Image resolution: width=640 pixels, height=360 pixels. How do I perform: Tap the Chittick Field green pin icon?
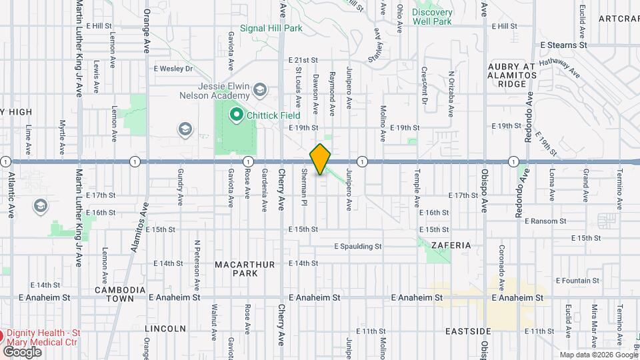pos(235,115)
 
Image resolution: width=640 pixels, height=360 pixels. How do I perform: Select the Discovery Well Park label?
pos(432,17)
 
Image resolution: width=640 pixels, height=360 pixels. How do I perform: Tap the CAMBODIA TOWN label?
pos(120,295)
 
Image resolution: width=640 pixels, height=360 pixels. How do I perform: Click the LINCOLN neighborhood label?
pos(165,329)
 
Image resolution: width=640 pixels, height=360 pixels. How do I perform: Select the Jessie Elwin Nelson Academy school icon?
pos(260,89)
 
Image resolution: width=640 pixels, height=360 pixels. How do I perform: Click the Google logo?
pos(22,351)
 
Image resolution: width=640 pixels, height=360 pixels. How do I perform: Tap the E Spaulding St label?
pos(357,246)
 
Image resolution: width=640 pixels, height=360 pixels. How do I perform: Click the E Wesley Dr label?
pos(173,68)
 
